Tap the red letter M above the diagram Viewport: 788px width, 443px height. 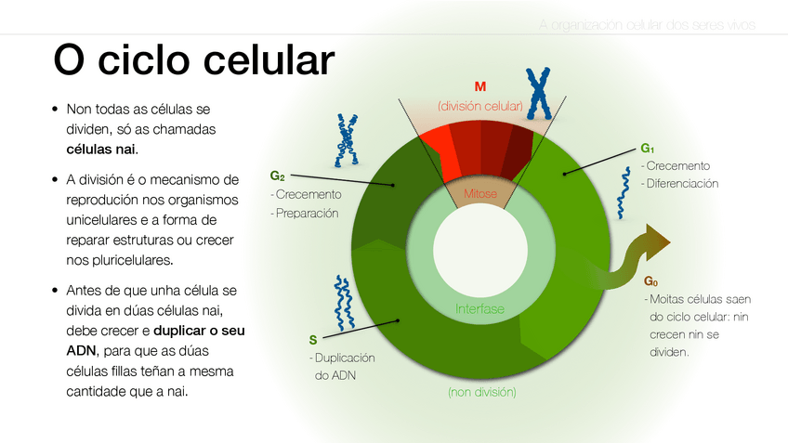point(479,86)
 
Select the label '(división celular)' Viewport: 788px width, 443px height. point(479,106)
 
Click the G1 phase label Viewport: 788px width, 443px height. point(648,149)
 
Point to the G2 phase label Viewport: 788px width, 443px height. point(277,176)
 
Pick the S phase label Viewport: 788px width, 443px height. point(313,339)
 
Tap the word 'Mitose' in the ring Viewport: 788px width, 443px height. point(479,193)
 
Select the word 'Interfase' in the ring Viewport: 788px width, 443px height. point(479,308)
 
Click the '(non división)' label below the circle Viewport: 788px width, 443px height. point(481,392)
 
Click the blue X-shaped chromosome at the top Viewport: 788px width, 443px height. point(538,94)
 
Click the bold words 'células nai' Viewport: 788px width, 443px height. point(101,149)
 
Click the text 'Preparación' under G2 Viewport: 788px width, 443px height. point(307,213)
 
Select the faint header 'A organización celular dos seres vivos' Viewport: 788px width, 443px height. point(647,24)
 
